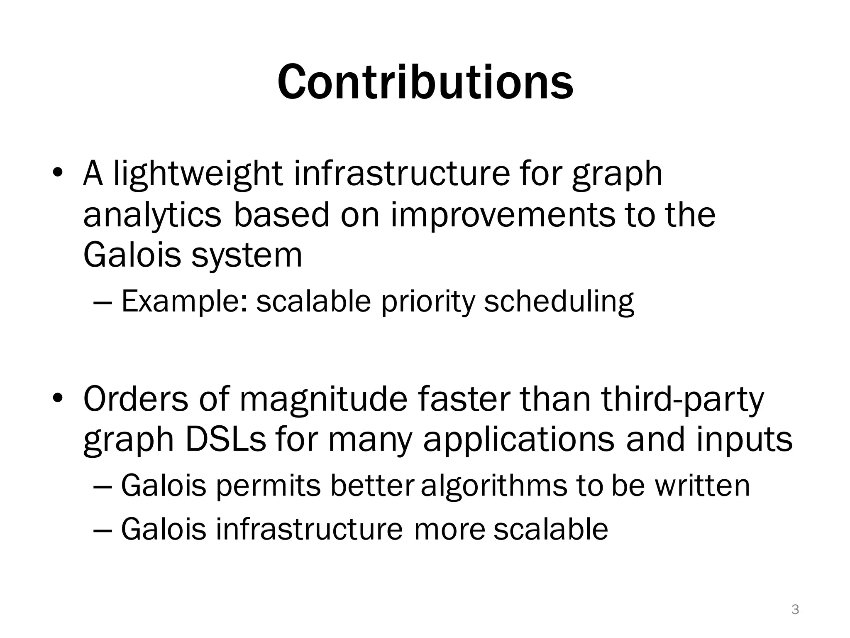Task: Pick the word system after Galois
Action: coord(247,255)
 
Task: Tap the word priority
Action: coord(427,302)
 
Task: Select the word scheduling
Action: coord(559,302)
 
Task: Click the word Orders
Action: coord(135,399)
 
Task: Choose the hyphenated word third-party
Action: coord(682,399)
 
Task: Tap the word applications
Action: coord(518,440)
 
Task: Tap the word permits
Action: coord(269,486)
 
